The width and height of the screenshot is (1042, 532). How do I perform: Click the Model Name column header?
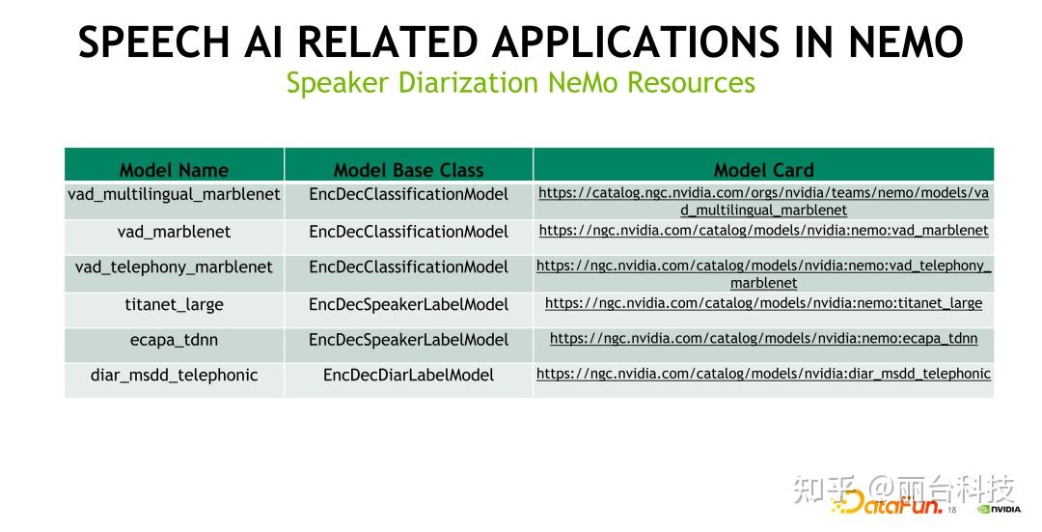point(174,170)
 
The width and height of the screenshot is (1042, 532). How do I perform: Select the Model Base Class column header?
point(408,170)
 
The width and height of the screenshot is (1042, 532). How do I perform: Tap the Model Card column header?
point(763,170)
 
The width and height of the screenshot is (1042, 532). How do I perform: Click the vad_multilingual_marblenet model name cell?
point(174,194)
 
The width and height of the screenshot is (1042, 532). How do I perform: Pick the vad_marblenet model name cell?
point(174,232)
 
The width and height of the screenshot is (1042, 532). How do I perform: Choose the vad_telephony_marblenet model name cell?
point(174,267)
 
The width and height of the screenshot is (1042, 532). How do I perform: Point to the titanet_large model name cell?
point(174,304)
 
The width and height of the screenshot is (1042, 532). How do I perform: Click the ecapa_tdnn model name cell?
point(174,340)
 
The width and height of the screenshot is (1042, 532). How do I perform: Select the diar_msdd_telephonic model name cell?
point(174,375)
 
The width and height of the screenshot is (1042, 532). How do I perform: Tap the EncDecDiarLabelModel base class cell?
point(408,375)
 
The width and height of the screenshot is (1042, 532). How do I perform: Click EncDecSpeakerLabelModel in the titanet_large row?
point(408,304)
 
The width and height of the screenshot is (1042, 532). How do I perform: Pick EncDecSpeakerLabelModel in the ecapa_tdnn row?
point(408,340)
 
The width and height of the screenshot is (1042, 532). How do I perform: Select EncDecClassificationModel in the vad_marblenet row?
point(408,232)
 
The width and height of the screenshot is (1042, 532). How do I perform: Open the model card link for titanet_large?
point(763,303)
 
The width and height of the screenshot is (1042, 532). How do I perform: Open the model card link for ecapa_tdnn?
point(763,339)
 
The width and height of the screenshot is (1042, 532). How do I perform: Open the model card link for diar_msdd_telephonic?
point(763,374)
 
